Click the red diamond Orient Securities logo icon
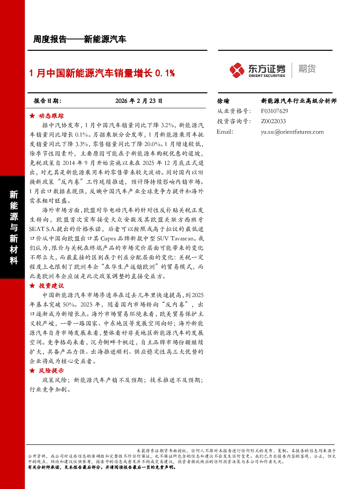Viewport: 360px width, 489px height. point(237,70)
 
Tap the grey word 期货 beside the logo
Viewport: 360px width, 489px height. point(307,69)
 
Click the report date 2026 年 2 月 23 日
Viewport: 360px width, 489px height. point(139,101)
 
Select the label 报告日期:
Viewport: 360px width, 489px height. point(47,101)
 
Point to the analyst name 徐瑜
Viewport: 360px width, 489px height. point(223,101)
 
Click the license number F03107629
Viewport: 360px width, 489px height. point(274,111)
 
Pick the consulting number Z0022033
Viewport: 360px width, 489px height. point(273,121)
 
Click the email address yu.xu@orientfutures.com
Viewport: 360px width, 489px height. point(292,132)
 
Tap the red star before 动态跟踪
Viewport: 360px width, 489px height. point(32,116)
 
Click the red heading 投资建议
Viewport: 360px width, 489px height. point(51,286)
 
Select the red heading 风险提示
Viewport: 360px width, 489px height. point(51,370)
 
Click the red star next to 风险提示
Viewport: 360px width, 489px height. point(32,370)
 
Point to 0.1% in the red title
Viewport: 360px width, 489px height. point(165,73)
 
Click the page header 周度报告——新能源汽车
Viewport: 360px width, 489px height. point(79,39)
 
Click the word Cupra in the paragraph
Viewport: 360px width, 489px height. point(109,239)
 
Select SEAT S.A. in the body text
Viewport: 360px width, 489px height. point(42,229)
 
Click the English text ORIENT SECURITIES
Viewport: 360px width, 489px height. point(267,76)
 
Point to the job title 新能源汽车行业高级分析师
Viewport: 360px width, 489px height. point(299,101)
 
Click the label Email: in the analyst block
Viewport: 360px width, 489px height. point(225,132)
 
